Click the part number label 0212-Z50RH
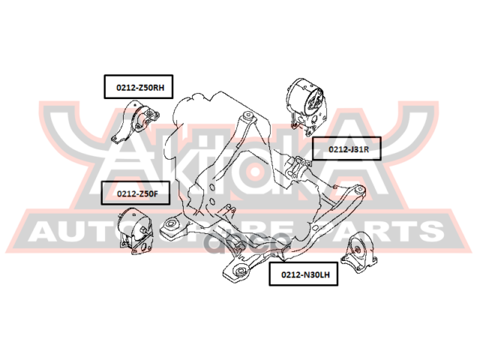[x=139, y=88]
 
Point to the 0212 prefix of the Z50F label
[x=125, y=194]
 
